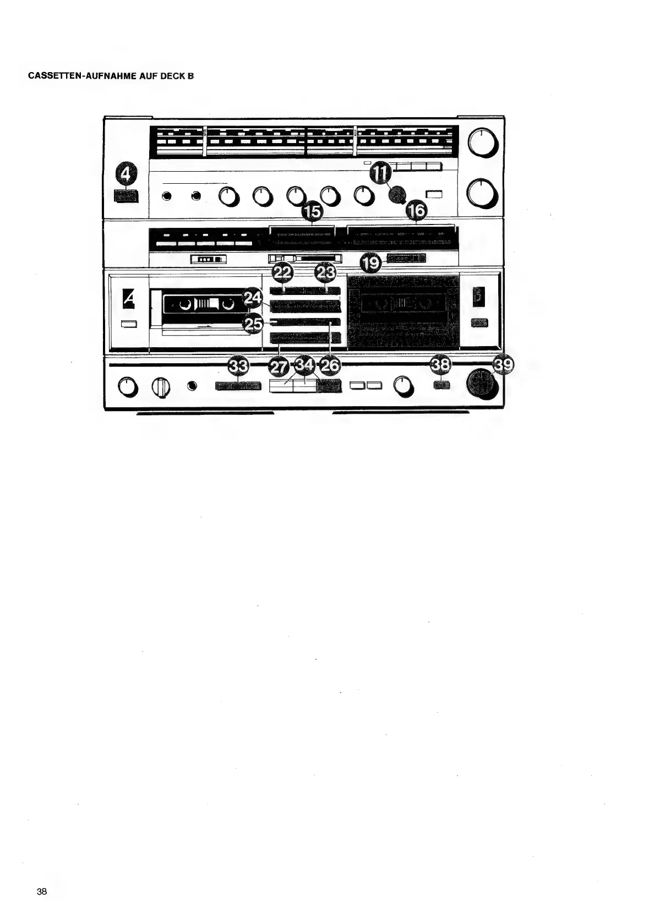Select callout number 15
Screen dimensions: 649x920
pyautogui.click(x=312, y=212)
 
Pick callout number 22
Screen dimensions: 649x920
pyautogui.click(x=283, y=273)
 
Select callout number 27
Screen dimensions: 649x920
pyautogui.click(x=279, y=365)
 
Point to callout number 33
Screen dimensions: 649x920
pyautogui.click(x=238, y=365)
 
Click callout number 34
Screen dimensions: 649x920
pyautogui.click(x=304, y=365)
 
